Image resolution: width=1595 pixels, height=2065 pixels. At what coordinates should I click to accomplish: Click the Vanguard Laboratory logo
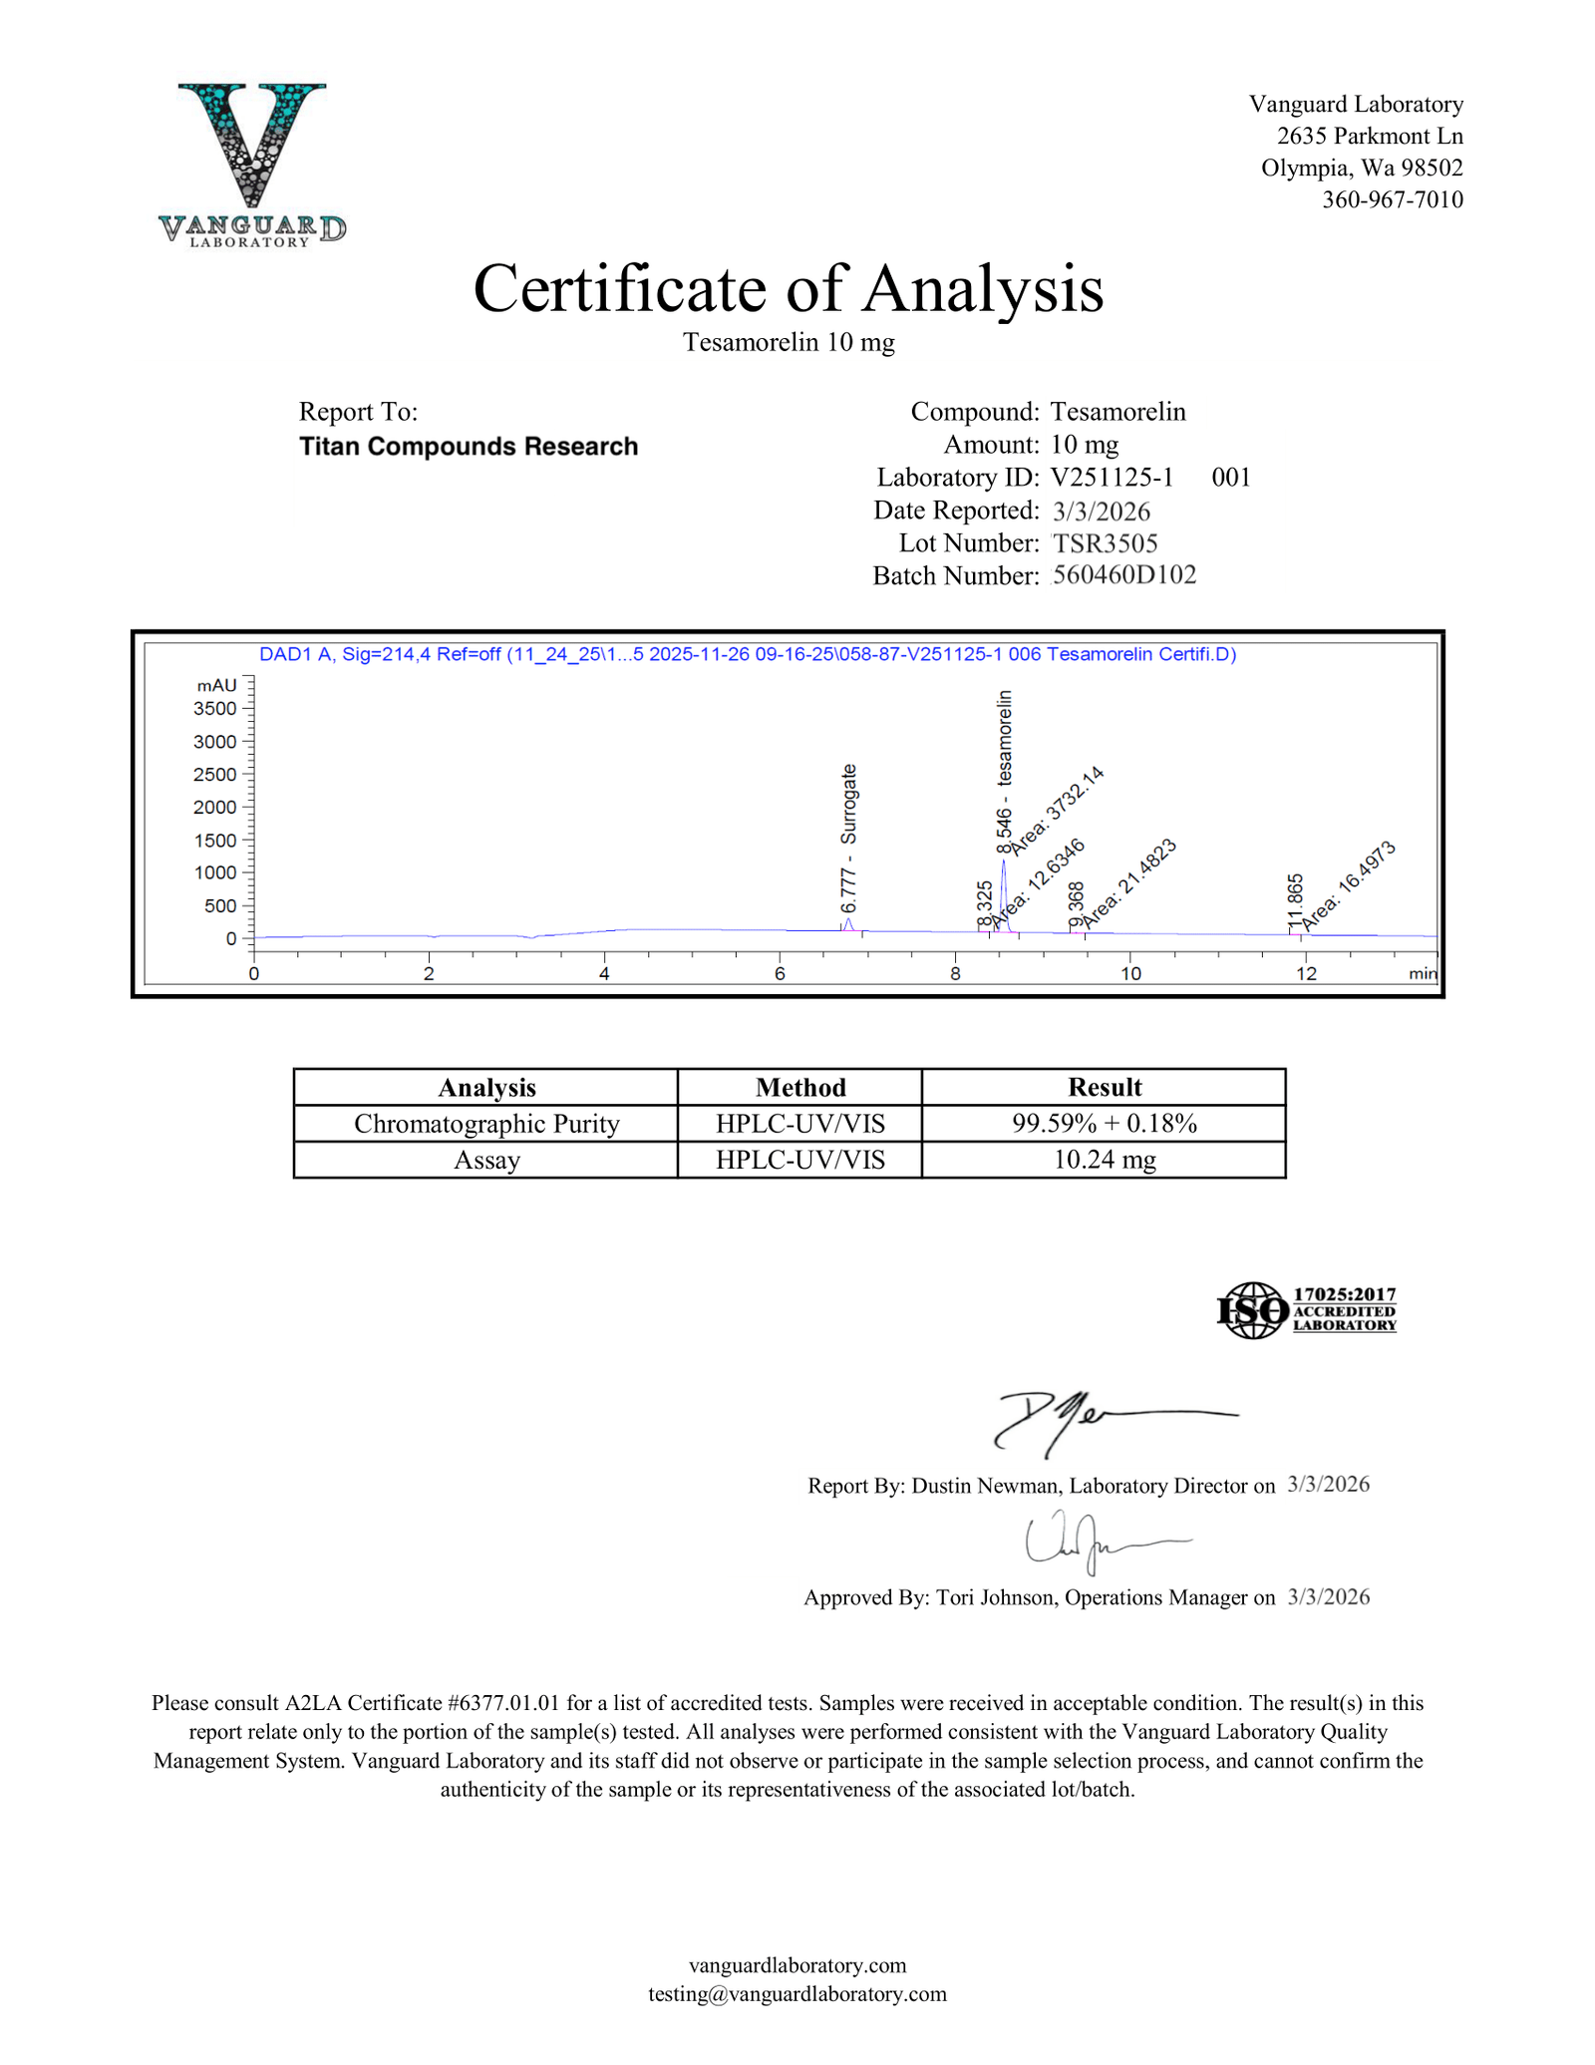pos(251,164)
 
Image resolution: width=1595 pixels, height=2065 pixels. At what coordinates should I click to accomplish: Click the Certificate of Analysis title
pos(788,289)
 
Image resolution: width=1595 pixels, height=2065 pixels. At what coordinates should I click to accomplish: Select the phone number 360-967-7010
pos(1392,199)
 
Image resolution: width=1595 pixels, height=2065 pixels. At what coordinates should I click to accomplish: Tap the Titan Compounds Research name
pos(469,447)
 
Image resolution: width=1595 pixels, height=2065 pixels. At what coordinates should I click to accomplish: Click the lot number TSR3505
pos(1105,543)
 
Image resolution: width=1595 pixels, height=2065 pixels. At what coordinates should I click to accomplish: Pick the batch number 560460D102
pos(1123,575)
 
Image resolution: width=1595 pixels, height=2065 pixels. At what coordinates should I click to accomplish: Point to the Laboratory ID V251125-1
pos(1112,478)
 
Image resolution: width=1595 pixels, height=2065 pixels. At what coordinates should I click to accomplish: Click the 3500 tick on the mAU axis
pos(215,709)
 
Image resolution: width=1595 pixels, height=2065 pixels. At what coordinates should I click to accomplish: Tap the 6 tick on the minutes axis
pos(780,974)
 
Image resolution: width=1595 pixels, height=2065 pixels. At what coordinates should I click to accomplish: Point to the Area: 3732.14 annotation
pos(1057,810)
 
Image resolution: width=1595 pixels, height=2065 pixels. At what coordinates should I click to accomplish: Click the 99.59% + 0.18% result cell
pos(1104,1124)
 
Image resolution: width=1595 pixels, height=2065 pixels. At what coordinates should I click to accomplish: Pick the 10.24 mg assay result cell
pos(1104,1161)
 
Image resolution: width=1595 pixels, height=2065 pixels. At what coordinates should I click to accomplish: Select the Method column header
pos(799,1087)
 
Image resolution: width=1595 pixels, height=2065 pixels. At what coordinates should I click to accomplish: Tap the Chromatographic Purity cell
pos(486,1124)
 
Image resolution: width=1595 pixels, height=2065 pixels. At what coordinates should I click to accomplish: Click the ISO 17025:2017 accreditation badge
pos(1306,1310)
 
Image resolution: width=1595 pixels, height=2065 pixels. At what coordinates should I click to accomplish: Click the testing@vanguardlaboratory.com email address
pos(797,1993)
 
